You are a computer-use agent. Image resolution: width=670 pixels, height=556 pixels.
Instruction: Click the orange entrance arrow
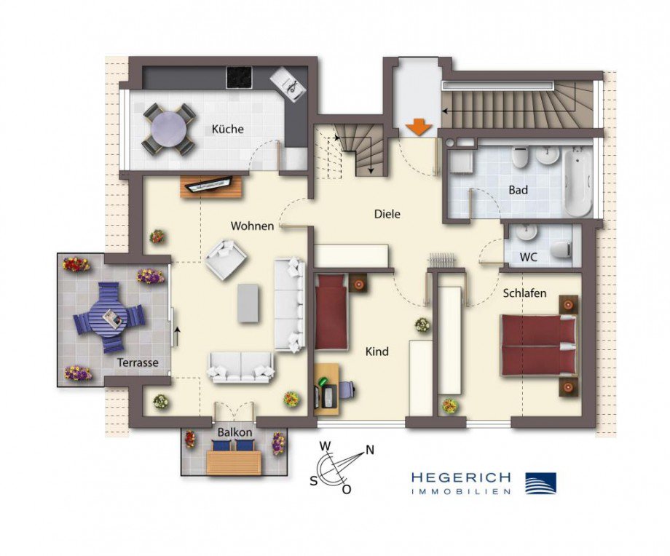tap(419, 127)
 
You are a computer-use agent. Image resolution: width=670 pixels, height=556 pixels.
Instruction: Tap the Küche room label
tap(227, 130)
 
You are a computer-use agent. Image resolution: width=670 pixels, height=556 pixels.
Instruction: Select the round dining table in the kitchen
tap(169, 130)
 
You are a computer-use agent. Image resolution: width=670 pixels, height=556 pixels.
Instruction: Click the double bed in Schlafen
tap(537, 346)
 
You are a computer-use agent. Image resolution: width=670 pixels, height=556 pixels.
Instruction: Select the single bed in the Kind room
tap(332, 313)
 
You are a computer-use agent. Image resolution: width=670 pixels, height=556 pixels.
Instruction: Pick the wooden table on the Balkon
tap(233, 461)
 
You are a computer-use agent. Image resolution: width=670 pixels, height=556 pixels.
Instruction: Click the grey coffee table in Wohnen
tap(248, 303)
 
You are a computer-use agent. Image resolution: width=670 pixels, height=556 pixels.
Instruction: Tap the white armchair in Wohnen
tap(226, 259)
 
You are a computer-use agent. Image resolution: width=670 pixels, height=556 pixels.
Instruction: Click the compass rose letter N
tap(369, 450)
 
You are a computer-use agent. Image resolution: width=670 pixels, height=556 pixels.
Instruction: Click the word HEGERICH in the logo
tap(460, 477)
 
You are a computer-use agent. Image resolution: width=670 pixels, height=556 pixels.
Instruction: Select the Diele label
tap(387, 214)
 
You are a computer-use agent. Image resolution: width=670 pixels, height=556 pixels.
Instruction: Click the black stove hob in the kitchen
tap(239, 76)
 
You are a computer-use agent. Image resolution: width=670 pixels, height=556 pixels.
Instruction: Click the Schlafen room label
tap(524, 294)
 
